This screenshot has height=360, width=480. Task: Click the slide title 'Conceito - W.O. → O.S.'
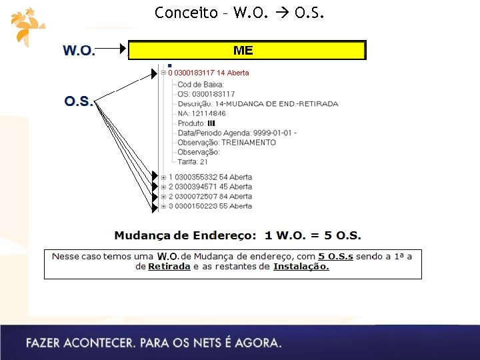(x=239, y=13)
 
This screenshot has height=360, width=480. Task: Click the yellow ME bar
(x=247, y=51)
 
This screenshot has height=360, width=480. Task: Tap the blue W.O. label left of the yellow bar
(x=79, y=51)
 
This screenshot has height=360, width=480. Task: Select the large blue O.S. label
(x=79, y=101)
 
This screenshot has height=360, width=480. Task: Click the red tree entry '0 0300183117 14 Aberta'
(x=209, y=73)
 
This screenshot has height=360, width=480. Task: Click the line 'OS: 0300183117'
(x=206, y=94)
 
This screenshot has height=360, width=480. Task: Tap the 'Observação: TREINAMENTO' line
(x=227, y=142)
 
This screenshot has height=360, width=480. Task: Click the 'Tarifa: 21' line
(x=193, y=161)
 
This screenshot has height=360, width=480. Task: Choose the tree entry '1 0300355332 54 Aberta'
(x=210, y=177)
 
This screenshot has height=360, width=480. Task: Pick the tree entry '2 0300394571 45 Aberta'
(x=210, y=187)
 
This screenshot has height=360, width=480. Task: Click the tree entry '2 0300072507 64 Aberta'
(x=210, y=197)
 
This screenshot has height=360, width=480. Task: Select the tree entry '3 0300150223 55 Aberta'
(x=210, y=206)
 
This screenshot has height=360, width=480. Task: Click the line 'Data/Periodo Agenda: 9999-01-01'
(x=237, y=133)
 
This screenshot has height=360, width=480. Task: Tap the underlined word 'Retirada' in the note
(x=169, y=267)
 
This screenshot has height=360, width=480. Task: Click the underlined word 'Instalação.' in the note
(x=301, y=267)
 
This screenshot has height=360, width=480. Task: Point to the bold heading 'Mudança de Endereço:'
(x=185, y=235)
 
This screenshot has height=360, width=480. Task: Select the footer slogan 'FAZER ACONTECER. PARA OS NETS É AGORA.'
(x=154, y=343)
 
